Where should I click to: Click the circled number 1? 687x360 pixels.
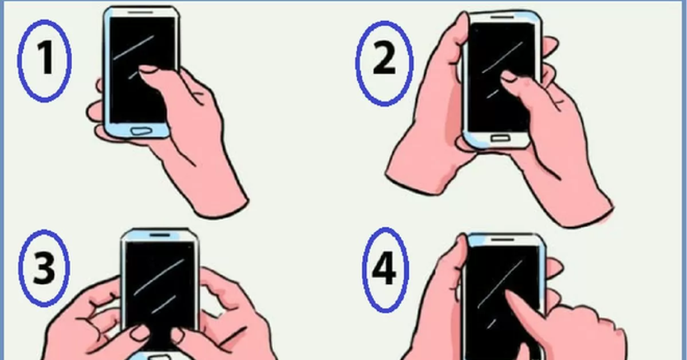[x=45, y=61]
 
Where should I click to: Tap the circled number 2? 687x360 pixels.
[x=384, y=64]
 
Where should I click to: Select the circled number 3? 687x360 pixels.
[x=44, y=268]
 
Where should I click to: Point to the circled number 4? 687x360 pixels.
[x=385, y=270]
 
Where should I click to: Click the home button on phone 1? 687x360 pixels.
[x=141, y=131]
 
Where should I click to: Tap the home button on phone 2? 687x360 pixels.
[x=500, y=138]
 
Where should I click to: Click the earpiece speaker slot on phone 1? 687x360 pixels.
[x=140, y=13]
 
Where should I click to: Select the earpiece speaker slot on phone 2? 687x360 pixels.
[x=503, y=18]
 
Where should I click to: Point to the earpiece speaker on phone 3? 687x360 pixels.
[x=160, y=235]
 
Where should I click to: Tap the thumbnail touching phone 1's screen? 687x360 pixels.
[x=148, y=69]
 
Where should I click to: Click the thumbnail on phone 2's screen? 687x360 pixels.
[x=509, y=76]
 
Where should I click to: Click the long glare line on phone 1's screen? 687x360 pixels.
[x=134, y=48]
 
